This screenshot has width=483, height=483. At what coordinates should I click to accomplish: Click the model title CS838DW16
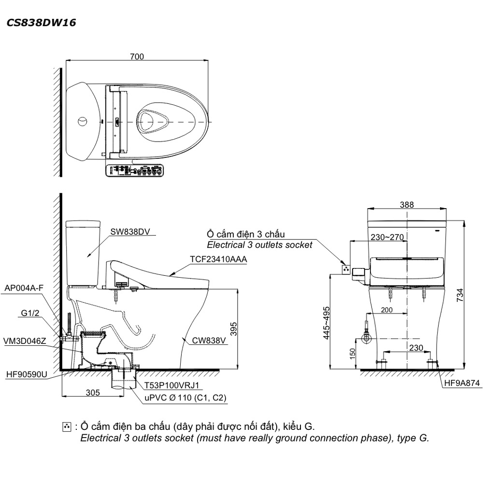(x=41, y=22)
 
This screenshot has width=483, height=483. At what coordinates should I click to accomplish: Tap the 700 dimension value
(x=137, y=57)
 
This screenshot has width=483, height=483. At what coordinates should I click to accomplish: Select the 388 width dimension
(x=407, y=204)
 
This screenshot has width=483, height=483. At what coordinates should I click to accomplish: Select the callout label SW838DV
(x=128, y=232)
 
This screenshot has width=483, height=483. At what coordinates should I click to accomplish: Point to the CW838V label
(x=209, y=341)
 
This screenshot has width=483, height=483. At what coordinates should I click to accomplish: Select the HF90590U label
(x=27, y=374)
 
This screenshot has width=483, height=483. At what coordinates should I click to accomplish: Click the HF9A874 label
(x=462, y=384)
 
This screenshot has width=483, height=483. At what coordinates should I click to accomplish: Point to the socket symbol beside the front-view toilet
(x=346, y=269)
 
